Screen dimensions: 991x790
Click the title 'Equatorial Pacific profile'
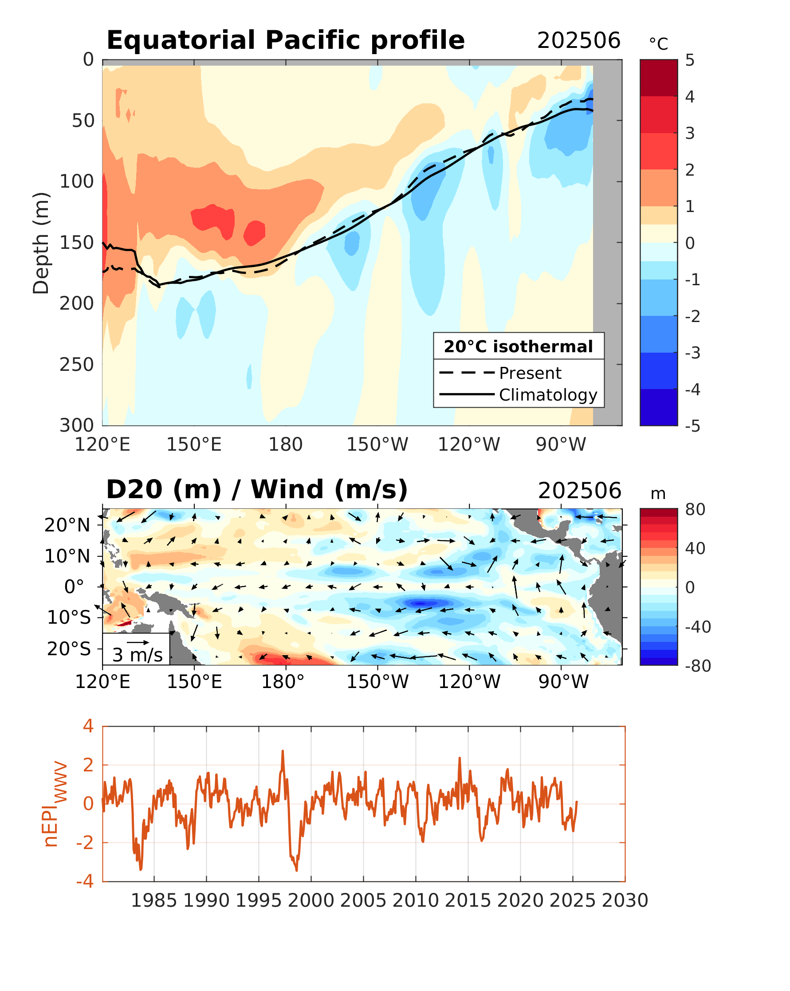click(x=285, y=40)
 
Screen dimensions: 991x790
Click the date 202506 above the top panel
click(x=578, y=41)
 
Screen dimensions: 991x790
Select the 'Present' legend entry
click(x=530, y=373)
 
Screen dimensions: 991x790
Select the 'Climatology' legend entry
click(x=547, y=395)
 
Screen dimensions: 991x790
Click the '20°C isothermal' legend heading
click(x=518, y=346)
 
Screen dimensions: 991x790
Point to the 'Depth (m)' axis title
click(x=41, y=243)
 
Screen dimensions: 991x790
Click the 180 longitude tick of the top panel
click(x=285, y=444)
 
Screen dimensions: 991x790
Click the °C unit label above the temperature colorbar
click(x=658, y=44)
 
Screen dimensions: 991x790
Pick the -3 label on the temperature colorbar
click(x=692, y=353)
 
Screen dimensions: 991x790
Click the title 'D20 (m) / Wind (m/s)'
click(x=256, y=490)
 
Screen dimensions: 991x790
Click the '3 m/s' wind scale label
click(x=138, y=655)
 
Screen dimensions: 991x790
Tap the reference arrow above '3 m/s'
click(x=138, y=642)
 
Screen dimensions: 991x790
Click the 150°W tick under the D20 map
click(x=377, y=682)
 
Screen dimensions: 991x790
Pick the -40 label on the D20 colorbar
click(x=697, y=627)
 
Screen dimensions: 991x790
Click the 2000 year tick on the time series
click(x=311, y=901)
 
